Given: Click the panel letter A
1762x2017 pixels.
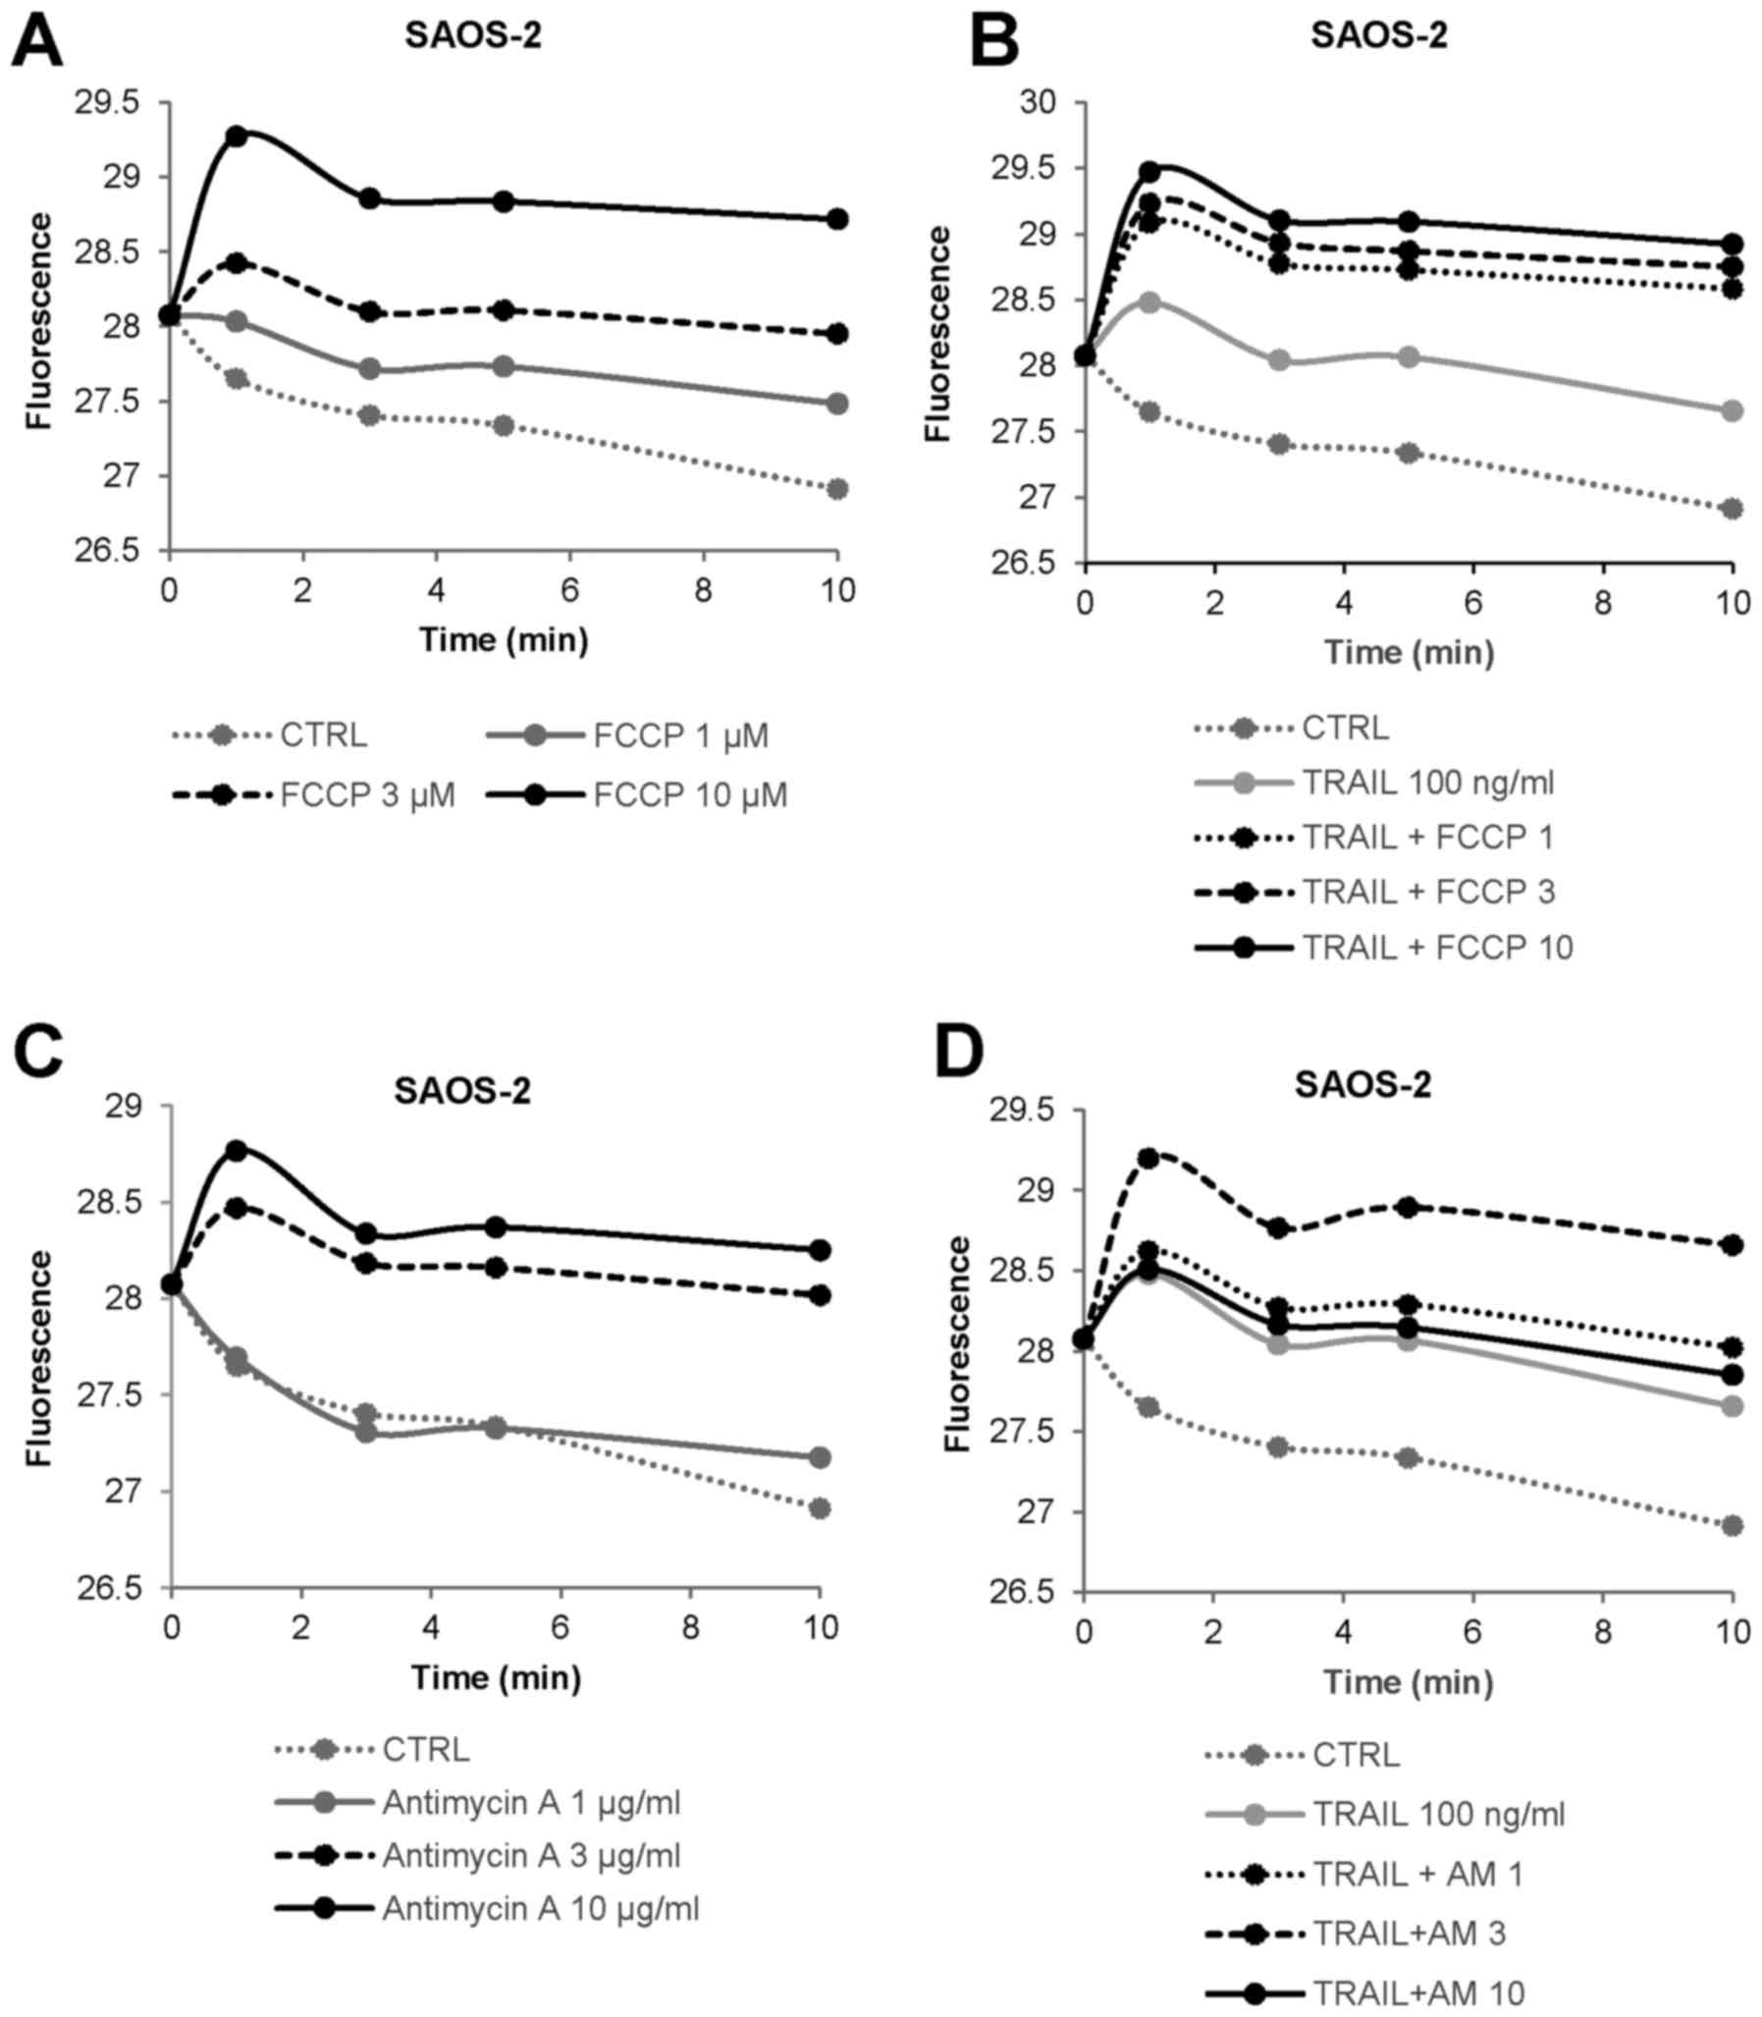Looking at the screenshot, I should pyautogui.click(x=36, y=41).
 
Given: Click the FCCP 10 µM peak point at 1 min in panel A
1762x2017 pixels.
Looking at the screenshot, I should pyautogui.click(x=236, y=136).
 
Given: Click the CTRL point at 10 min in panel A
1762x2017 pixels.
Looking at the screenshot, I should pyautogui.click(x=836, y=489).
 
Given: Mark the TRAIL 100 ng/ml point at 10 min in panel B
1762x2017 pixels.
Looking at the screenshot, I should pyautogui.click(x=1733, y=411).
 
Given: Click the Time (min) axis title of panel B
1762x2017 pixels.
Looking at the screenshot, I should pyautogui.click(x=1408, y=652).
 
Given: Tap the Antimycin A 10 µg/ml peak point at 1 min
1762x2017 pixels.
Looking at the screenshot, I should pyautogui.click(x=236, y=1150).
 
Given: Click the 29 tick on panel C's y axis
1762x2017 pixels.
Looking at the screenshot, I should pyautogui.click(x=123, y=1107).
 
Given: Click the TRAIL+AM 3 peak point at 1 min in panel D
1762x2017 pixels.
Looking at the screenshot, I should pyautogui.click(x=1148, y=1158).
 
